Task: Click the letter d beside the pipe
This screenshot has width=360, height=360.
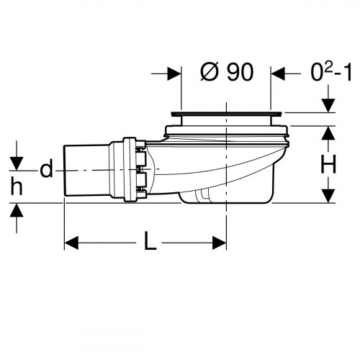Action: pos(46,170)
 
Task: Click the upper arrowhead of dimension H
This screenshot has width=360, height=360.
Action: pos(328,132)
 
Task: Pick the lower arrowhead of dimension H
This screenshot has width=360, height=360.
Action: pos(328,196)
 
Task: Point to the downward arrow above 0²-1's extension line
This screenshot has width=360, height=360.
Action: pos(328,105)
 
